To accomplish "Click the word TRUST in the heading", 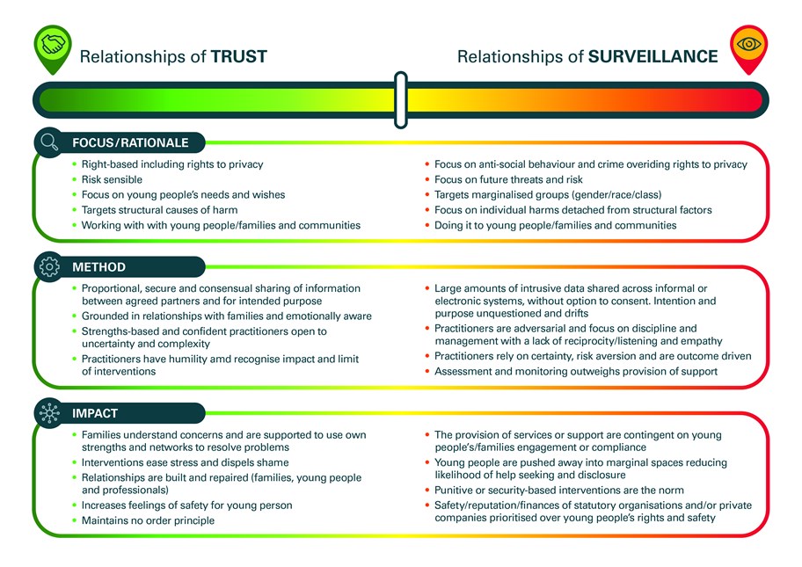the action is pos(239,56).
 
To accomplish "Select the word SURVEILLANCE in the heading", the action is pos(653,56).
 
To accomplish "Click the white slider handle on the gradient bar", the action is pos(401,99).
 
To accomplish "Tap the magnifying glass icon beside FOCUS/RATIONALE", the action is pos(49,142).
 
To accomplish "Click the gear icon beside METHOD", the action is pos(49,266).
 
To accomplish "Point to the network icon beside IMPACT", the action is pos(49,412).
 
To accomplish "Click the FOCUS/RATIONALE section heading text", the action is pos(130,142).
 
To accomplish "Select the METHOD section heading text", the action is pos(98,267).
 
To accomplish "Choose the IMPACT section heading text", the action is pos(95,413).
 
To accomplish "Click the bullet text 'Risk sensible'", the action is pos(112,179).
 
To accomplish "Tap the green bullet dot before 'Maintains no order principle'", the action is pos(75,520).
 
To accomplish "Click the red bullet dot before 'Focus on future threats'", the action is pos(427,179).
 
